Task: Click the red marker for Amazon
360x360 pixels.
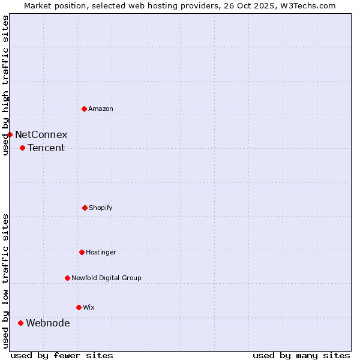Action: (x=85, y=109)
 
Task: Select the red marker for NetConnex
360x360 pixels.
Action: (x=10, y=134)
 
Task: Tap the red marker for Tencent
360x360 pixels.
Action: (x=22, y=148)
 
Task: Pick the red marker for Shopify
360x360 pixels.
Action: (x=85, y=208)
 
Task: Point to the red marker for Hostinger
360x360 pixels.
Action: (x=82, y=252)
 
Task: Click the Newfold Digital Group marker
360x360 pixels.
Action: (x=67, y=278)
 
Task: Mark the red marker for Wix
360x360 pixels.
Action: (x=79, y=307)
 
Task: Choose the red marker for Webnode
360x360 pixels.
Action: (x=20, y=323)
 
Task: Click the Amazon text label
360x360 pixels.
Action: (x=101, y=109)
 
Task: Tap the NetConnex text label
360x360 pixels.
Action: (x=41, y=134)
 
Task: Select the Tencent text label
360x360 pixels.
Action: (x=46, y=148)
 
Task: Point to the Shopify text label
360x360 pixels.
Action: (x=101, y=208)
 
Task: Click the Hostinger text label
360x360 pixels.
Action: (x=101, y=252)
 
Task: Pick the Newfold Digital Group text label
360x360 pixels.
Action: (x=106, y=278)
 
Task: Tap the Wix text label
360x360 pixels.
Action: (x=89, y=307)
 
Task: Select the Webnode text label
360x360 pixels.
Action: (x=48, y=323)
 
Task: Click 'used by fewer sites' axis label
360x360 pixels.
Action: (x=62, y=355)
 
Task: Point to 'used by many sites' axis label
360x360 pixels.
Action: (x=301, y=355)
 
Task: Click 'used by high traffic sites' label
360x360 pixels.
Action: (x=5, y=85)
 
